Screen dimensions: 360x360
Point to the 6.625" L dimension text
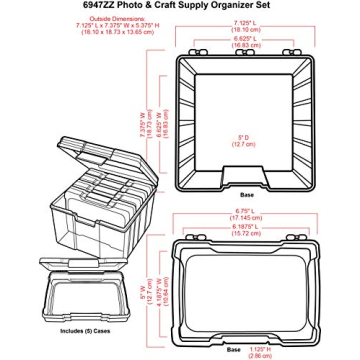[x=241, y=37]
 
